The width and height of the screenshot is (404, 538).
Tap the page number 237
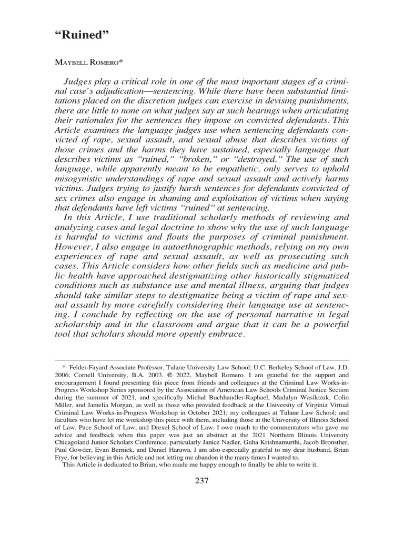(x=202, y=481)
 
